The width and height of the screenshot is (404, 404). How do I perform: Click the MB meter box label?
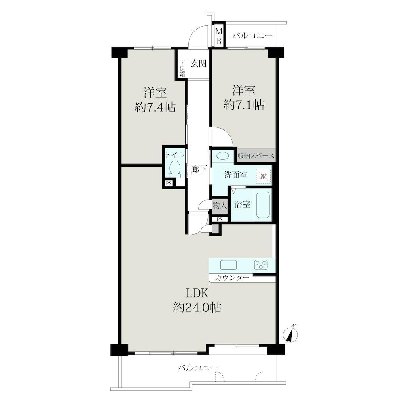pos(219,36)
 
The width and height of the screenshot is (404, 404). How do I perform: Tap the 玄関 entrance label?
pos(199,63)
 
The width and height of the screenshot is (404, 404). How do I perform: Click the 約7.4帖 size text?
pos(155,107)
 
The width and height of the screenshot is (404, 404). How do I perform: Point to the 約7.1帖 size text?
pos(244,105)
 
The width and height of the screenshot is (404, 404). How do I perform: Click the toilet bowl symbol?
pos(175,169)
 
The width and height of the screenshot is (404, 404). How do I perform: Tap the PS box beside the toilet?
pos(169,183)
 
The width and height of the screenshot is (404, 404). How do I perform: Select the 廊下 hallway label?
pos(199,169)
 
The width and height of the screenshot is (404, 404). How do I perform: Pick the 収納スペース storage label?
pos(255,156)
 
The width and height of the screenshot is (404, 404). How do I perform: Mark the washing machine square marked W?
pos(263,176)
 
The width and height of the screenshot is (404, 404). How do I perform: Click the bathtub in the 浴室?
pos(262,205)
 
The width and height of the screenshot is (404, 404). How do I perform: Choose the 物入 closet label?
pos(220,205)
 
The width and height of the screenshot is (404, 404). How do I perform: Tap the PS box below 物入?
pos(220,219)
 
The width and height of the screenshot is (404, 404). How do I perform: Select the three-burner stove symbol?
pos(261,265)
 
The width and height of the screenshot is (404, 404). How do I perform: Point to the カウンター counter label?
pos(232,277)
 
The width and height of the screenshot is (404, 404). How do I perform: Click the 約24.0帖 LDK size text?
pos(197,307)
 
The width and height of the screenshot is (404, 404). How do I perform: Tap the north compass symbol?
pos(290,334)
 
